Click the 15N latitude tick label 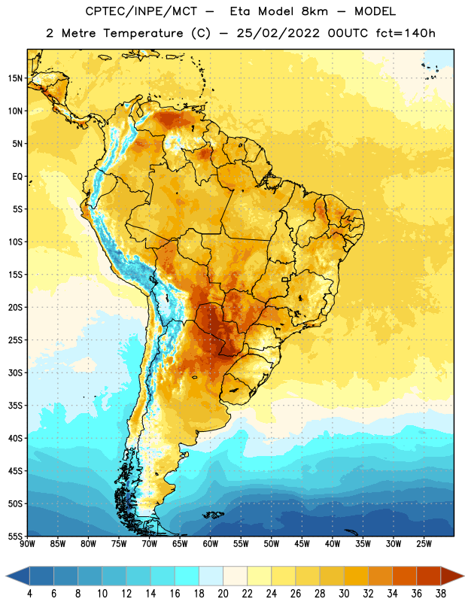(x=15, y=78)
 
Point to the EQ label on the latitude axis (x=17, y=177)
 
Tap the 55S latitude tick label (x=15, y=536)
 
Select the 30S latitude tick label (x=15, y=372)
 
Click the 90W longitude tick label (x=27, y=544)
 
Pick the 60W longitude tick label (x=211, y=544)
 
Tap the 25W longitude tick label (x=424, y=544)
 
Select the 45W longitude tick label (x=302, y=544)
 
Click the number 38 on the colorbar (x=441, y=594)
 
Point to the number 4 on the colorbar (x=29, y=594)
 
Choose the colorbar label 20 (x=223, y=594)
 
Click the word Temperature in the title (x=143, y=33)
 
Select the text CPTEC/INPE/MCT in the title (x=141, y=11)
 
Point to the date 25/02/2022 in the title (x=278, y=33)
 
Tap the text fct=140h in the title (x=406, y=33)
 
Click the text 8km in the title (x=315, y=11)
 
